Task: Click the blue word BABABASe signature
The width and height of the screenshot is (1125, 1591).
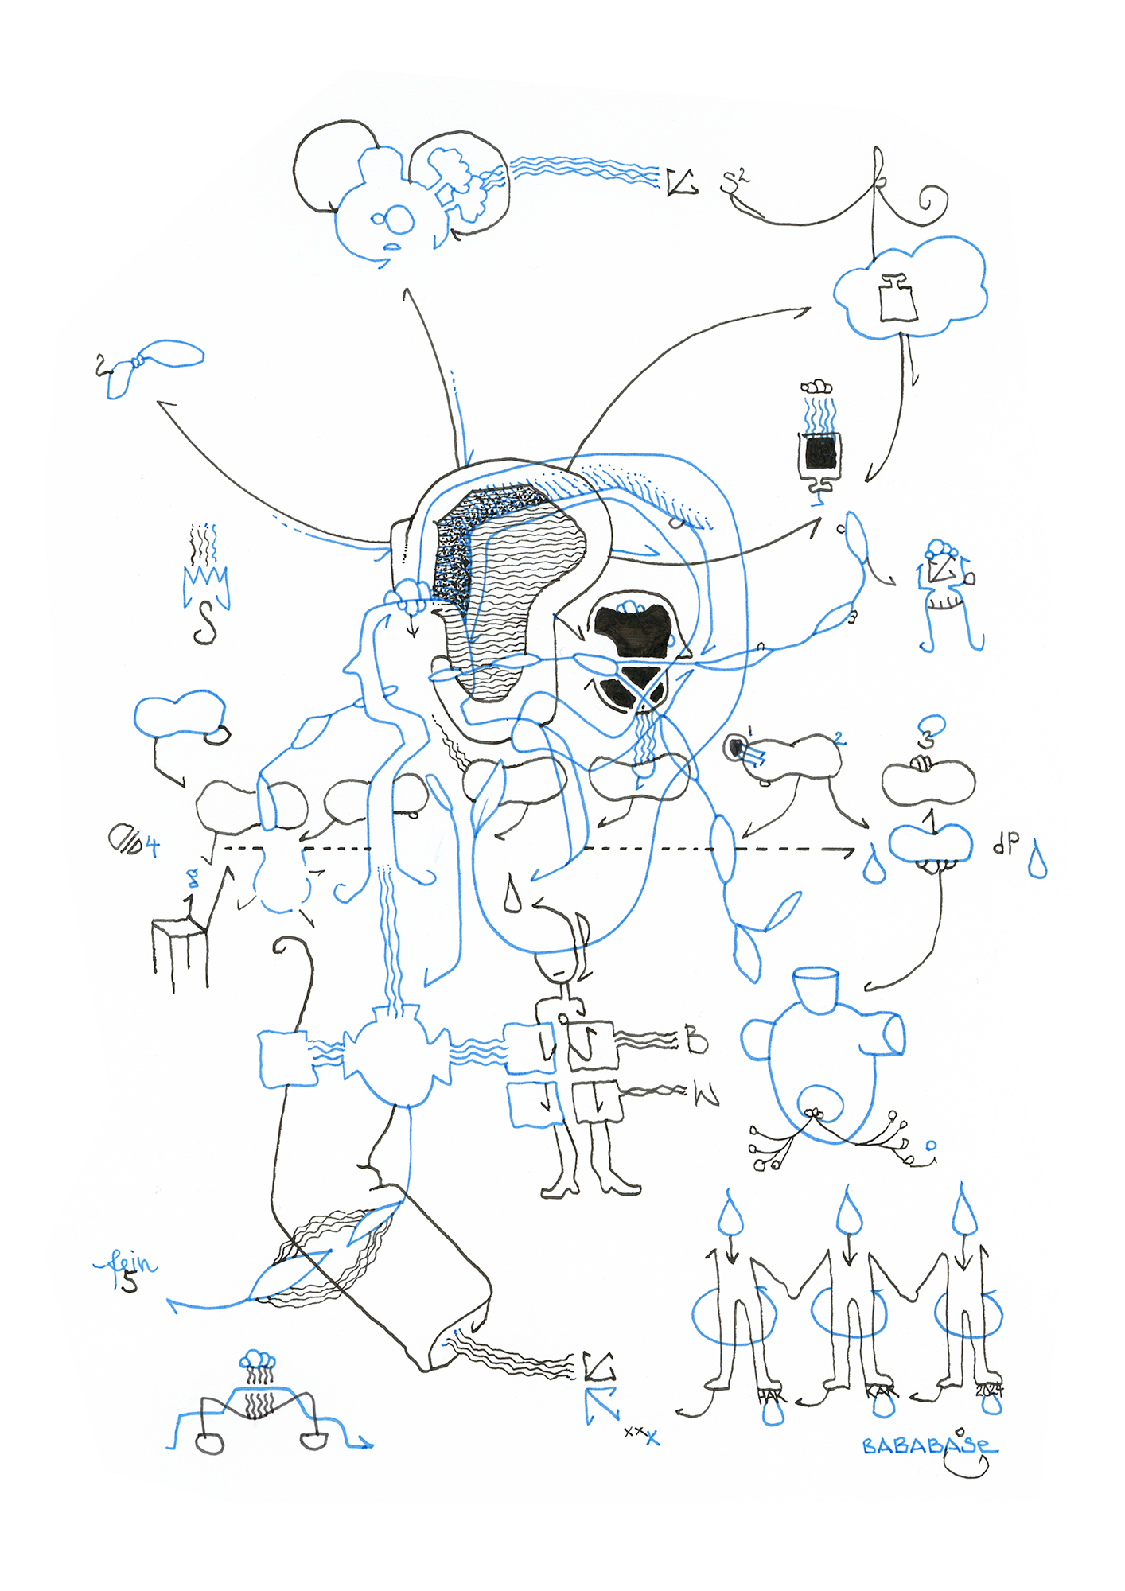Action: coord(928,1445)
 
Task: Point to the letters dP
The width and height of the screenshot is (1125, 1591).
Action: coord(1006,844)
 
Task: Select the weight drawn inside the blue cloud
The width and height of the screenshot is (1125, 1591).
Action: coord(897,299)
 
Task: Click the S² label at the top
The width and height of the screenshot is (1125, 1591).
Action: coord(734,181)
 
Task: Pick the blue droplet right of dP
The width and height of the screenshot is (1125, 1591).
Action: coord(1037,862)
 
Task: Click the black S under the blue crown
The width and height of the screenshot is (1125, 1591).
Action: coord(205,623)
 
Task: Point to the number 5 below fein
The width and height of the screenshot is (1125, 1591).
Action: coord(129,1282)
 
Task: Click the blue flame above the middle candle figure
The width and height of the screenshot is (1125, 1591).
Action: coord(848,1212)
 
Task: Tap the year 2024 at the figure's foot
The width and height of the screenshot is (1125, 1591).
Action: coord(990,1391)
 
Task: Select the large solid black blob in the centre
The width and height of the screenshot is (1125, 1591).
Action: coord(633,629)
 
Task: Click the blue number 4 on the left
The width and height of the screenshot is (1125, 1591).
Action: coord(150,846)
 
